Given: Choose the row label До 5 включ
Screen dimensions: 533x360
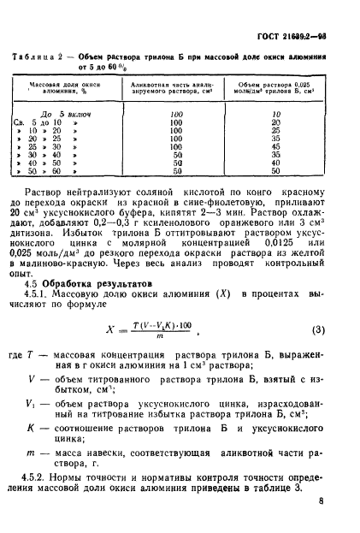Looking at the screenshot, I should pos(62,113).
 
